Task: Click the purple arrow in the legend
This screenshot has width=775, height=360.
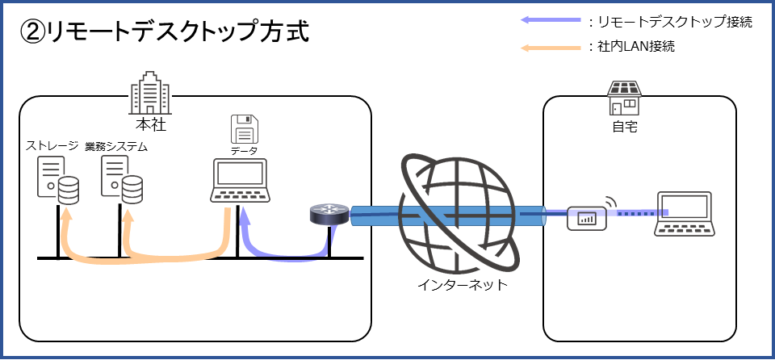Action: tap(551, 20)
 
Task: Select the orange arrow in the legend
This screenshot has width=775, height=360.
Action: tap(551, 48)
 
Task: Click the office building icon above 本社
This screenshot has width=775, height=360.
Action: tap(150, 93)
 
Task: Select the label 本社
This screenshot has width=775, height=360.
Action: tap(151, 124)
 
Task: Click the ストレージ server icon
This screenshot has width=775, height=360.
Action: tap(58, 180)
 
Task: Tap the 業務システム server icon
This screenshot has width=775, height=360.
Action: tap(122, 180)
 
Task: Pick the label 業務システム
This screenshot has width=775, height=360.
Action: tap(116, 147)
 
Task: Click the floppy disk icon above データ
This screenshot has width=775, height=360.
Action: tap(245, 128)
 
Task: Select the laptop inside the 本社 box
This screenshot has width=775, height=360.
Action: tap(241, 181)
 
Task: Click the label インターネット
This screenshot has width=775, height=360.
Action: tap(462, 285)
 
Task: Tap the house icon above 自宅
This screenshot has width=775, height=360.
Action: tap(624, 98)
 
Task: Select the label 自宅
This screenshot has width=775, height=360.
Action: tap(625, 128)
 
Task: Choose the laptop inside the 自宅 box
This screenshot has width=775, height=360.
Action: tap(685, 214)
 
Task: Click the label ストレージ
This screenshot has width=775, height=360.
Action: tap(52, 146)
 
